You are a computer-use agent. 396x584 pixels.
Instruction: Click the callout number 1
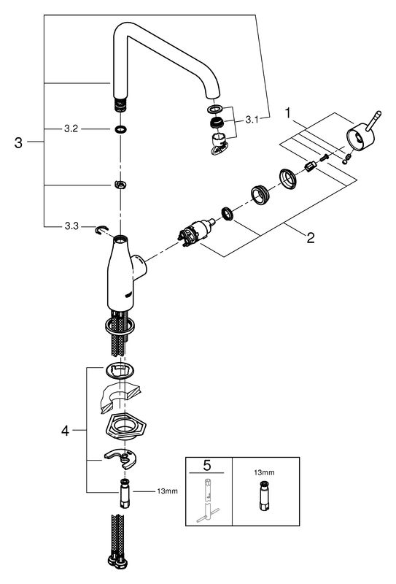pyautogui.click(x=287, y=113)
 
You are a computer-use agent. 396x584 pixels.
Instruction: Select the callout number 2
pyautogui.click(x=311, y=238)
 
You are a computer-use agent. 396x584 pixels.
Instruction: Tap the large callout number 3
pyautogui.click(x=18, y=142)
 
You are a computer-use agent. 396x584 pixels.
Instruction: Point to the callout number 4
pyautogui.click(x=65, y=431)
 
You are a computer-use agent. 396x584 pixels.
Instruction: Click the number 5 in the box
pyautogui.click(x=207, y=465)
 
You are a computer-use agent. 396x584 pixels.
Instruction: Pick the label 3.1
pyautogui.click(x=252, y=120)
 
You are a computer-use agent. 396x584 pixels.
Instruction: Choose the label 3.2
pyautogui.click(x=71, y=129)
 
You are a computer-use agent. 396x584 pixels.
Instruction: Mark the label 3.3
pyautogui.click(x=71, y=226)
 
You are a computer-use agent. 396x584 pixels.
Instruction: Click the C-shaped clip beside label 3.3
pyautogui.click(x=101, y=231)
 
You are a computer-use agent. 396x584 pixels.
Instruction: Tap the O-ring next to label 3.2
pyautogui.click(x=120, y=130)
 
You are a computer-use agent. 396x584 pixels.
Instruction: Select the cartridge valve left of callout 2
pyautogui.click(x=196, y=233)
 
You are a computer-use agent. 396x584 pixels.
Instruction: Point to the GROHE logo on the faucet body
pyautogui.click(x=129, y=295)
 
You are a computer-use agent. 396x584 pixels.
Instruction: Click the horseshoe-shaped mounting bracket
pyautogui.click(x=122, y=458)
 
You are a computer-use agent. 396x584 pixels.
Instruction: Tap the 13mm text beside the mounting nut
pyautogui.click(x=167, y=491)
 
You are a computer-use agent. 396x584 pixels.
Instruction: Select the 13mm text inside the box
pyautogui.click(x=264, y=472)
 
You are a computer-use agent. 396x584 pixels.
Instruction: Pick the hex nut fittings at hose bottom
pyautogui.click(x=117, y=562)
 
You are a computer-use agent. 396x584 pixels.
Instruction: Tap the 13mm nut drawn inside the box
pyautogui.click(x=264, y=496)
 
